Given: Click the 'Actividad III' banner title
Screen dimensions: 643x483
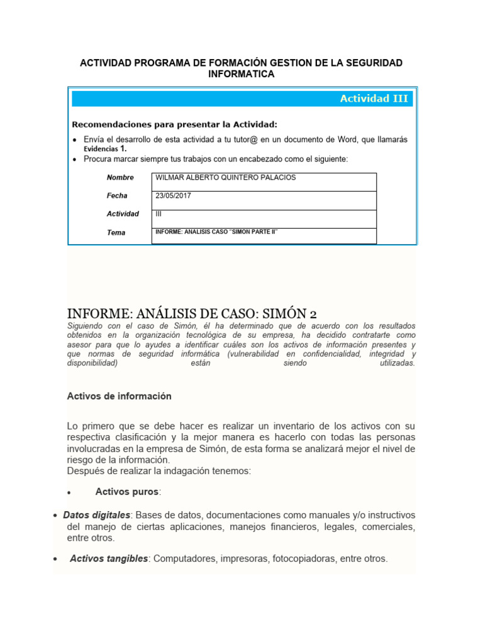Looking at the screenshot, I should tap(374, 99).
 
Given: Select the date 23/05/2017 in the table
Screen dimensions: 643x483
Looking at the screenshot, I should tap(173, 196).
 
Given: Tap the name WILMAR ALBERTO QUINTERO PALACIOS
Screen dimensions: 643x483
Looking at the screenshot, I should tap(225, 178).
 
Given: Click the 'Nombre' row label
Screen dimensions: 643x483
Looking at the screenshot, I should tap(120, 178).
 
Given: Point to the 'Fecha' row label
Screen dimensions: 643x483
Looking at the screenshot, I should tap(117, 196).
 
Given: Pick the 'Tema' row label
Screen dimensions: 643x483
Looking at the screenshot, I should tap(116, 232).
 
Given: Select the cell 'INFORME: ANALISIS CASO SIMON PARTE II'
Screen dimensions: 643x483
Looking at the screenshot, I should tap(216, 232).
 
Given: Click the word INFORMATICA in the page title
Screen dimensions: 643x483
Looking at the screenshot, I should tap(241, 74).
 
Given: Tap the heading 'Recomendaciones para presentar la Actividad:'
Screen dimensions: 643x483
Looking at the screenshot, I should tap(174, 124).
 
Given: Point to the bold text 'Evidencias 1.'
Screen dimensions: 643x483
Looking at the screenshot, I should tap(106, 149).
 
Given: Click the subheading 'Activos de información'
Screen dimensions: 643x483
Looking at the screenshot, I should tap(119, 396).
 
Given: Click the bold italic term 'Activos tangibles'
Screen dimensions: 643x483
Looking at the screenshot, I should tap(109, 558).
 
